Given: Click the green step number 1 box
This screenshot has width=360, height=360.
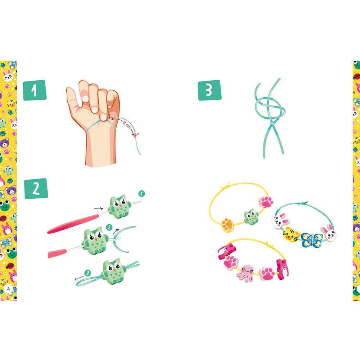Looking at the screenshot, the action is tap(35, 90).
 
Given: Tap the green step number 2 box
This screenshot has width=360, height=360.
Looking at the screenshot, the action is tap(36, 188).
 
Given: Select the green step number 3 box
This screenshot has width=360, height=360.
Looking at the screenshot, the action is tap(210, 90).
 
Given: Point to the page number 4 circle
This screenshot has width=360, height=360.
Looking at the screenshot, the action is tap(9, 289).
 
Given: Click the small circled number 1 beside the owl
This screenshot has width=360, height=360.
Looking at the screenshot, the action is tap(141, 194).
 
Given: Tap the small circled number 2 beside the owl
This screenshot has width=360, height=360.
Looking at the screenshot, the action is tap(109, 228).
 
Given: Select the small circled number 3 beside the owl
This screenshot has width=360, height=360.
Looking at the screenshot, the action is tap(87, 273).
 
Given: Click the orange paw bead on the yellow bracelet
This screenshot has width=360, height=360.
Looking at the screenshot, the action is tap(228, 225).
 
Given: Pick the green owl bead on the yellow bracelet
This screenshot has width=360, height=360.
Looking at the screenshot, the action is tap(251, 216).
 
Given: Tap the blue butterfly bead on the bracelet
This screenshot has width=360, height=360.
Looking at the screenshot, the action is tap(311, 240).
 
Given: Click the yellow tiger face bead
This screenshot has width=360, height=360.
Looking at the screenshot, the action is tap(291, 234).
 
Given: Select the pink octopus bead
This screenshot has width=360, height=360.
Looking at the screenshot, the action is tap(246, 273).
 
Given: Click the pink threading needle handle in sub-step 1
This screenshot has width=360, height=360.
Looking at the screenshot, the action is tap(73, 223).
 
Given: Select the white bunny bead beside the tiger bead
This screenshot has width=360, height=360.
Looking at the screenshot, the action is tap(280, 221).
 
